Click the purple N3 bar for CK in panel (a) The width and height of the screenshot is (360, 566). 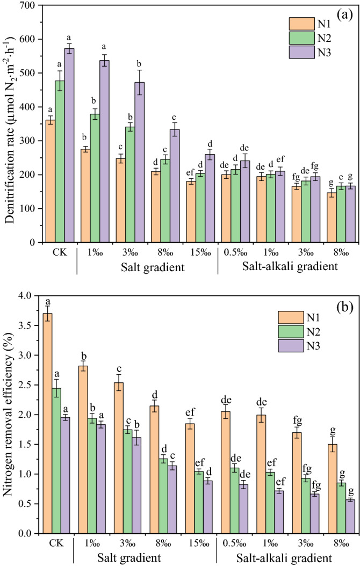(69, 145)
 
